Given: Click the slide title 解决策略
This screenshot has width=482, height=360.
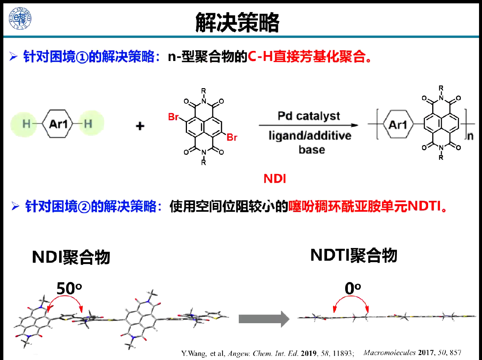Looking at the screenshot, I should pos(237,22).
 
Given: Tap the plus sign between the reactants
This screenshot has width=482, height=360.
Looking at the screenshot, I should pos(140,126).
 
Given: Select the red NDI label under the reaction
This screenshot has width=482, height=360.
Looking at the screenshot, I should pos(275,179).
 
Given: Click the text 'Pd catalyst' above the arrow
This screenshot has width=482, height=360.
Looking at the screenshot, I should pos(308,116).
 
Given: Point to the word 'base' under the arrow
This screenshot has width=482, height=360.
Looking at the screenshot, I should pos(311,150).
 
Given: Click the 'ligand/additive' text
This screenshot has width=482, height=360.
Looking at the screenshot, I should pos(310,136).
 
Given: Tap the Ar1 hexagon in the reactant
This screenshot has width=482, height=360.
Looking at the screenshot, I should pos(58,123).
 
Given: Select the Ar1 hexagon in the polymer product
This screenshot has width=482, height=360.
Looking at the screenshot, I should pos(398,124).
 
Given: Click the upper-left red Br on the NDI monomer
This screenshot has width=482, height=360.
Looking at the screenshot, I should pos(173,117).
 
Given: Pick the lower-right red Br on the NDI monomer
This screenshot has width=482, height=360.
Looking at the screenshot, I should pos(232,138).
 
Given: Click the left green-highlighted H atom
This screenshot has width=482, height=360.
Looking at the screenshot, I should pos(26,123).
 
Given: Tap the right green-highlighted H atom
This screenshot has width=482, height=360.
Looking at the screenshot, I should pos(88,123).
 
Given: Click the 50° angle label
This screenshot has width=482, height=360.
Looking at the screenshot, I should pos(69,288).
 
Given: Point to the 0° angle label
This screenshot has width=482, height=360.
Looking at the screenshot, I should pos(352,288).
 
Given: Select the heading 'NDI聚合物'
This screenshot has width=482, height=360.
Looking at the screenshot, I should pos(71,257).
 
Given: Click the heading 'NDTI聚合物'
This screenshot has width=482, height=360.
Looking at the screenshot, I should pos(354,255).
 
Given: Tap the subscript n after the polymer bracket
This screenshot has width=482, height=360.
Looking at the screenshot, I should pos(470,136).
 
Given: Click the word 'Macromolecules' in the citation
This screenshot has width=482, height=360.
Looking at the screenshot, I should pos(389,353).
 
